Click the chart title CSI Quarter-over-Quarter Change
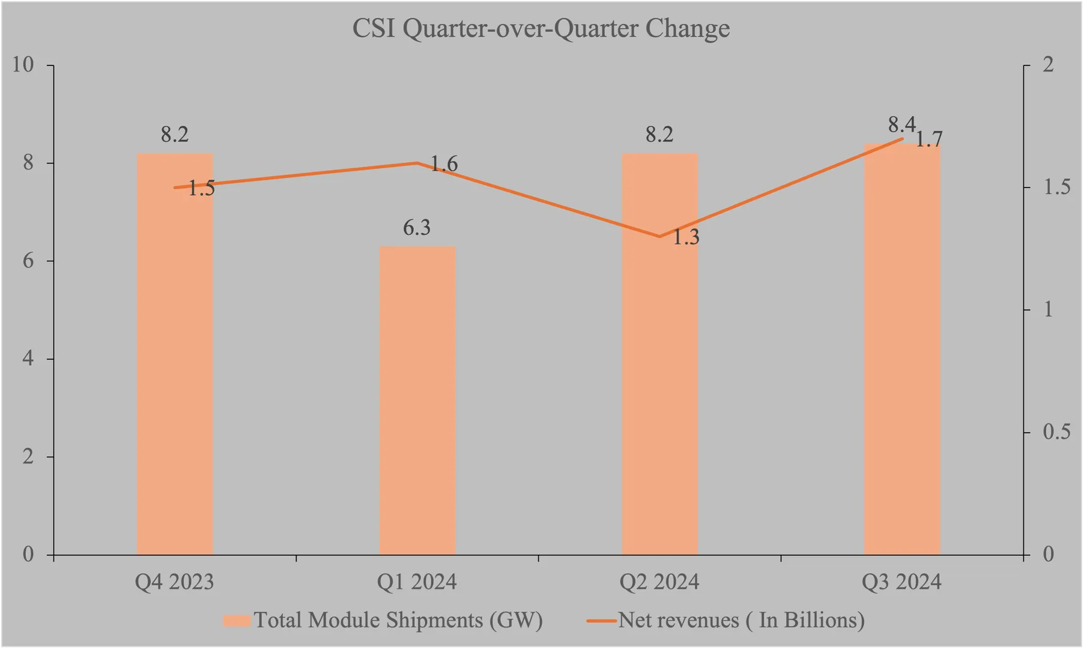click(x=540, y=29)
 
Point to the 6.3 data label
click(x=417, y=228)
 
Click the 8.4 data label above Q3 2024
click(x=901, y=125)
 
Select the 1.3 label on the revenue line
click(x=685, y=238)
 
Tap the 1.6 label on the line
click(x=444, y=164)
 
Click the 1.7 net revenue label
click(x=928, y=140)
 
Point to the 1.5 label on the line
click(x=201, y=189)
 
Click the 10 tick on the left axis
click(x=23, y=65)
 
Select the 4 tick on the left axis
click(x=28, y=359)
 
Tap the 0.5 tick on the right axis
click(x=1056, y=432)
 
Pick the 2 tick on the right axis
click(x=1049, y=65)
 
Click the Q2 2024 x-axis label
click(x=659, y=582)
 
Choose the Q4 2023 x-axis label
click(x=174, y=582)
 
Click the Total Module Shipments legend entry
click(x=384, y=620)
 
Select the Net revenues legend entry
click(x=727, y=620)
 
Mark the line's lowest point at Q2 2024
click(x=660, y=236)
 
